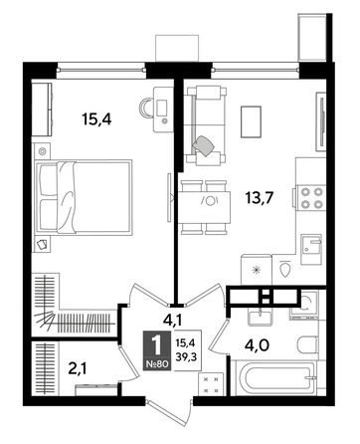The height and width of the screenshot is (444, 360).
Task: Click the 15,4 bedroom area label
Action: point(96,119)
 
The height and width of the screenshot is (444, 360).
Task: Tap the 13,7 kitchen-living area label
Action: point(259,198)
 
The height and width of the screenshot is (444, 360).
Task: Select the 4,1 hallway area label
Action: point(172,321)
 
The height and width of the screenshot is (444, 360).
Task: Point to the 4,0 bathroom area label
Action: point(257,345)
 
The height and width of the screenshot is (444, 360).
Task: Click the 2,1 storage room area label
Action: point(78,368)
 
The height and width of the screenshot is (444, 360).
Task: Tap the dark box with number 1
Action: point(157,350)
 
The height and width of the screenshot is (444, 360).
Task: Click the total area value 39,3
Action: point(186,356)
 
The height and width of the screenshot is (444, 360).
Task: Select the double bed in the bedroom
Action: point(84,198)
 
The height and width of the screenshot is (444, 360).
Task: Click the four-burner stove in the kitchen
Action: point(311,198)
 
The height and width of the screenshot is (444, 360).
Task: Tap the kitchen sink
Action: point(311,249)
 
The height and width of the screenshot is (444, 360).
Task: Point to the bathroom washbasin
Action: point(261,318)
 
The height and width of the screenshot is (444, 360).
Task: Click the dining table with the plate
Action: point(204,208)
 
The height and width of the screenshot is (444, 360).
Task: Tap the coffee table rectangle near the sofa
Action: point(251,121)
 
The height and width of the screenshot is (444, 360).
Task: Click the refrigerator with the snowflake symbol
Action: point(257,270)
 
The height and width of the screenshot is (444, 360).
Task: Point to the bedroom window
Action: point(101,70)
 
